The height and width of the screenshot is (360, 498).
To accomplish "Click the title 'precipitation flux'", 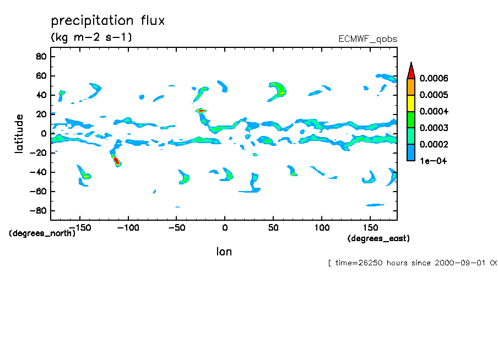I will point(108,21).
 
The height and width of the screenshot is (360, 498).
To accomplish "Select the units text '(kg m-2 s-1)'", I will point(91,37).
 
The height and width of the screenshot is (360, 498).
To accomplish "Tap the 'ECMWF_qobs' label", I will point(367,39).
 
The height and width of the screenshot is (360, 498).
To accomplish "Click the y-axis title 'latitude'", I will point(19,134).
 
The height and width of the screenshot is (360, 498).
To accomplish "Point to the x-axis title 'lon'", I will point(224,252).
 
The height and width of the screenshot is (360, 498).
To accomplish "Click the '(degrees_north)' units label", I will point(42,233).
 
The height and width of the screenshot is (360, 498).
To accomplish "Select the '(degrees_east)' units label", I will point(378,238).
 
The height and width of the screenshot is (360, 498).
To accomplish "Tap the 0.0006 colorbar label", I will point(434,79).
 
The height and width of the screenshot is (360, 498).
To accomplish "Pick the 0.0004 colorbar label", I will point(434,112).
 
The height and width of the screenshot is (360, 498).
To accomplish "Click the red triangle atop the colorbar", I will point(410,70).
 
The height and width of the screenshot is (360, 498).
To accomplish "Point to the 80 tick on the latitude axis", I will point(40,56).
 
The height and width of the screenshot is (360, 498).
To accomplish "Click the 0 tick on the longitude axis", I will point(225,227).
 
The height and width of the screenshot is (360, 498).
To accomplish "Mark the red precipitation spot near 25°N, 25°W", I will point(201,111).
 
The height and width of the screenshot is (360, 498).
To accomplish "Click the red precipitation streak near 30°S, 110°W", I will point(116,161).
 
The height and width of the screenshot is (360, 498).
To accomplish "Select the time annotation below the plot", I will point(413,263).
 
